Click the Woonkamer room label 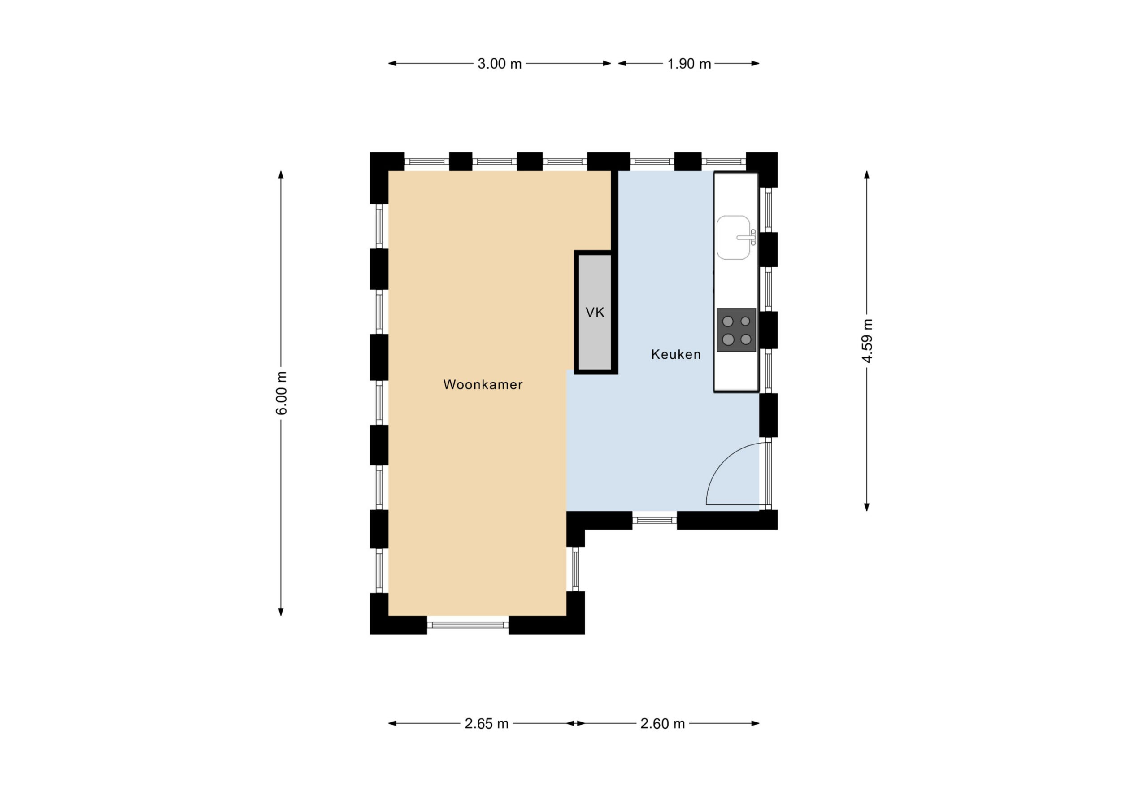click(x=483, y=384)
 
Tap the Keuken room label click(x=676, y=354)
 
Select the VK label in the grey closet click(x=595, y=312)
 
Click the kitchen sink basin click(x=733, y=237)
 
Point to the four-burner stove click(x=736, y=330)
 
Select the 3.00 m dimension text click(x=500, y=64)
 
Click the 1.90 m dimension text click(x=689, y=64)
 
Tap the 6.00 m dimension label click(x=281, y=393)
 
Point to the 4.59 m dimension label click(x=867, y=341)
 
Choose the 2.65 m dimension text click(x=487, y=724)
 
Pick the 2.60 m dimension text click(x=662, y=724)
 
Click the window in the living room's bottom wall click(x=468, y=625)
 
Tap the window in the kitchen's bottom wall click(x=655, y=520)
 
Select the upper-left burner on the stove click(x=728, y=322)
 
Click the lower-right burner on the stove click(x=746, y=339)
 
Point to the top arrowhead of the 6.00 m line click(x=281, y=174)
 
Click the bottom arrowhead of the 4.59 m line click(x=867, y=507)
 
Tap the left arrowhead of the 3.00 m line click(x=392, y=63)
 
